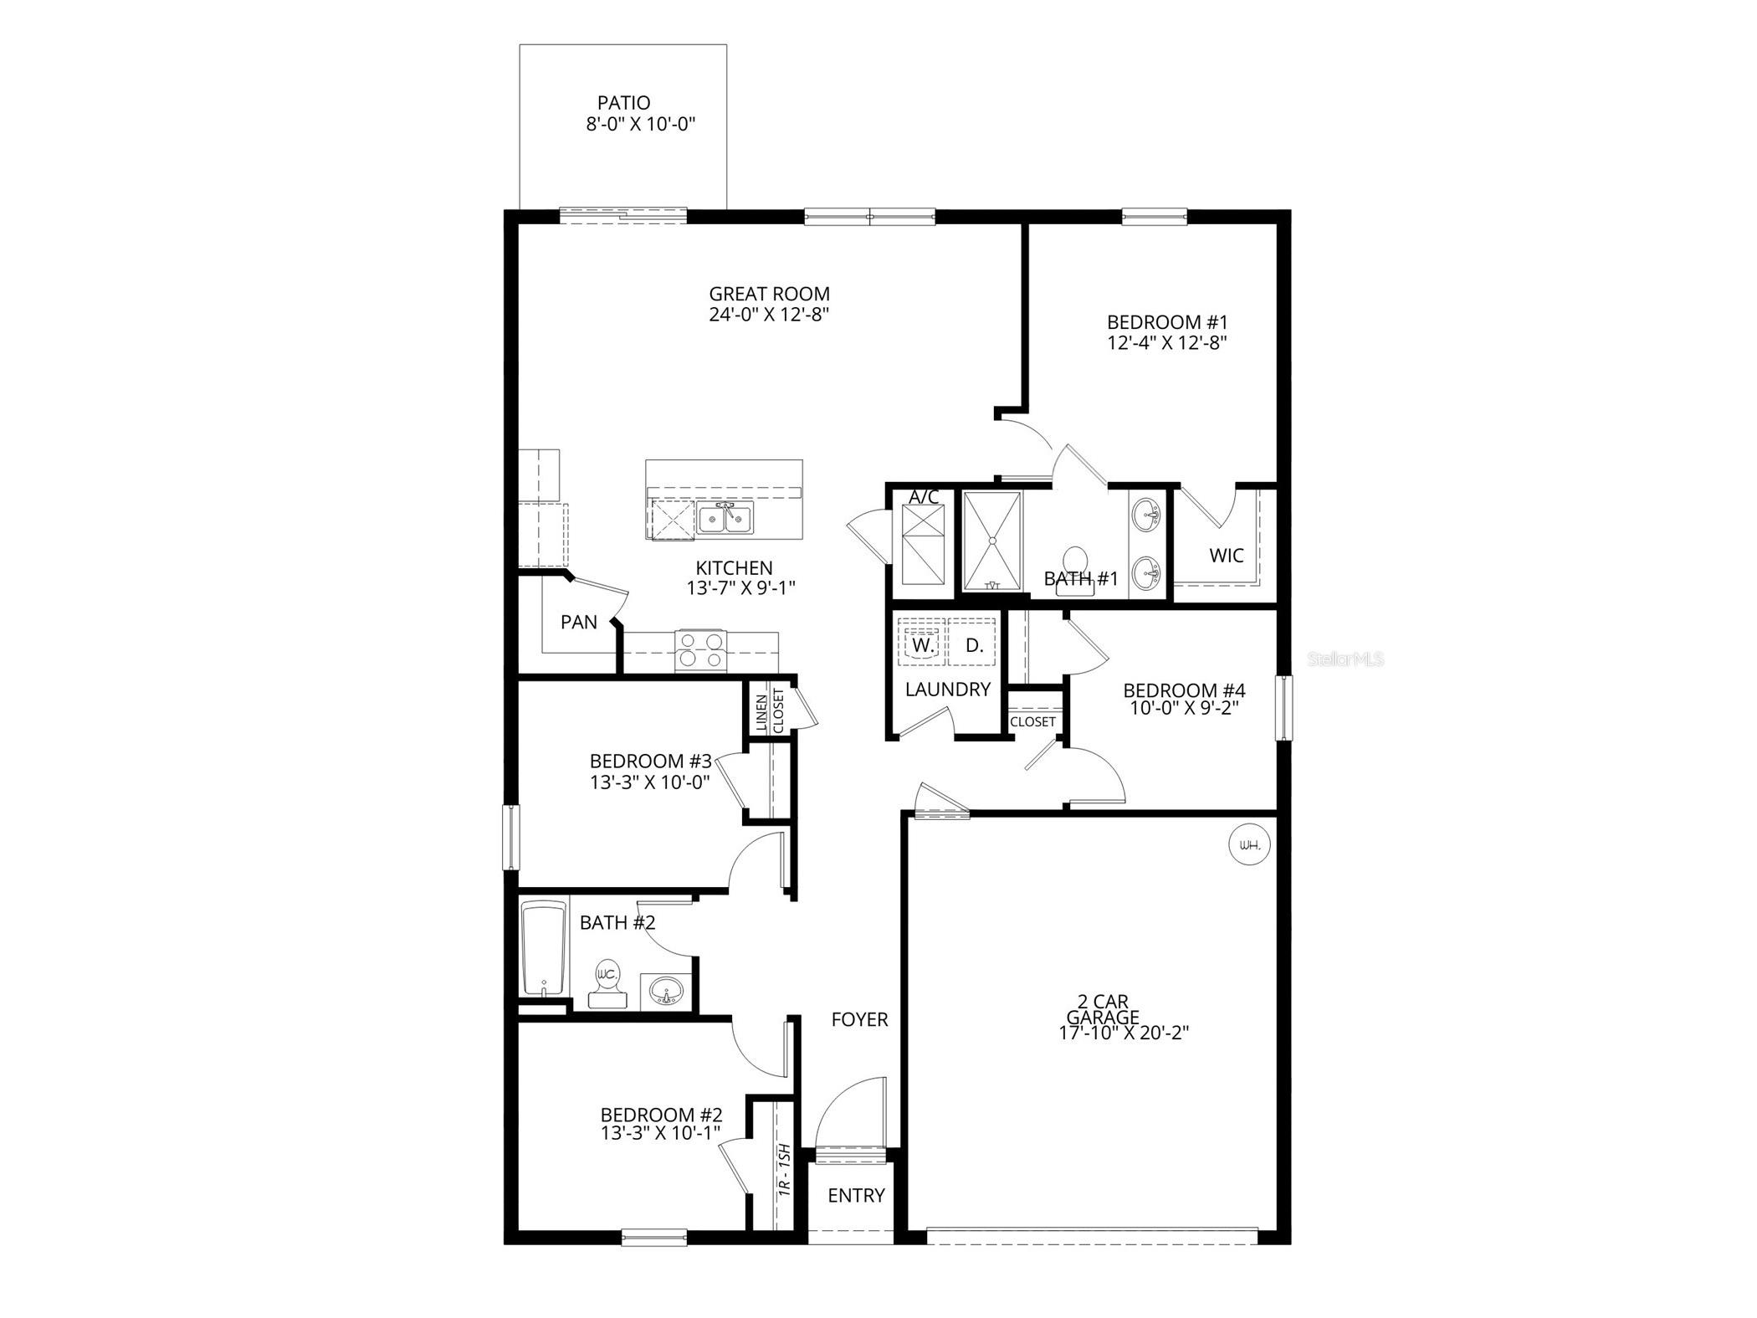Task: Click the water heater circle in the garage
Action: tap(1248, 845)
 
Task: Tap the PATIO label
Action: tap(623, 103)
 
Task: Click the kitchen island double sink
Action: tap(725, 518)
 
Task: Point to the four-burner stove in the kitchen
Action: tap(699, 650)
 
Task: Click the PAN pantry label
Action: tap(579, 622)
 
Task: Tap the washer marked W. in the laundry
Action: tap(922, 645)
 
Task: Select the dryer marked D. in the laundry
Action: tap(974, 645)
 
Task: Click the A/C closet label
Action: tap(924, 497)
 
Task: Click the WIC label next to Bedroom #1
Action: tap(1227, 555)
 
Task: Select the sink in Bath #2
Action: tap(667, 992)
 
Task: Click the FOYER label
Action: tap(859, 1019)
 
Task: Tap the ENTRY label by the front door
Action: tap(856, 1196)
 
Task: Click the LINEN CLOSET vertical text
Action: tap(770, 711)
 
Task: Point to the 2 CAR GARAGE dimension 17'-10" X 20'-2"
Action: tap(1124, 1033)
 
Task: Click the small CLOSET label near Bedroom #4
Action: tap(1032, 721)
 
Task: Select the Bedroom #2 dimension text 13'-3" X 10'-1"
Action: tap(661, 1133)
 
